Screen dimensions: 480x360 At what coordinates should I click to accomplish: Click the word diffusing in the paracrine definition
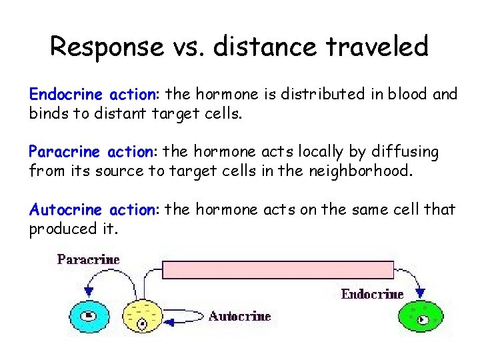398,152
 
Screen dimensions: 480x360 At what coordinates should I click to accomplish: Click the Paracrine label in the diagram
88,259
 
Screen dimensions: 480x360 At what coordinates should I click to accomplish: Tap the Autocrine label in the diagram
239,316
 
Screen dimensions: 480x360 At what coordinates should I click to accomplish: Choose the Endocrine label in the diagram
372,294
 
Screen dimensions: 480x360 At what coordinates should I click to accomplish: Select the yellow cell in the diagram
141,317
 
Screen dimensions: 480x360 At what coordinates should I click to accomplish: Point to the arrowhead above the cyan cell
89,292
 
